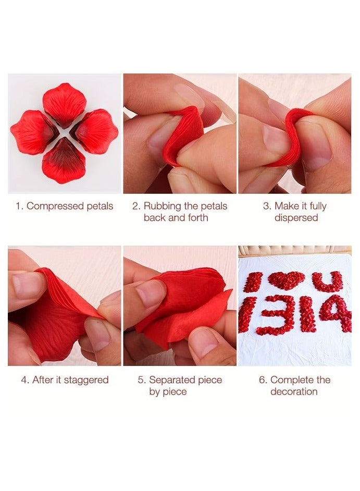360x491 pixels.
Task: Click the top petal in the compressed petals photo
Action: pos(64,103)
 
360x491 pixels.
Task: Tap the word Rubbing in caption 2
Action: pos(161,206)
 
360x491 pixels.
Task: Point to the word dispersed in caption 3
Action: pos(296,217)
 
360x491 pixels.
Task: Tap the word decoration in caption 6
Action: pos(294,391)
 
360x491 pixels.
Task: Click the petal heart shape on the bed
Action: pos(286,280)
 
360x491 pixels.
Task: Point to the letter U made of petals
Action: pos(327,281)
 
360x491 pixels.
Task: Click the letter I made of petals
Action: pos(253,282)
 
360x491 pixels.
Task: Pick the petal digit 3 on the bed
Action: pos(276,315)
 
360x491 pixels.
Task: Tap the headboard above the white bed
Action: pos(294,250)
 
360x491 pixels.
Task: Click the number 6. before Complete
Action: pos(263,380)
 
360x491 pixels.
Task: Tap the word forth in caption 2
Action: pos(196,217)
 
